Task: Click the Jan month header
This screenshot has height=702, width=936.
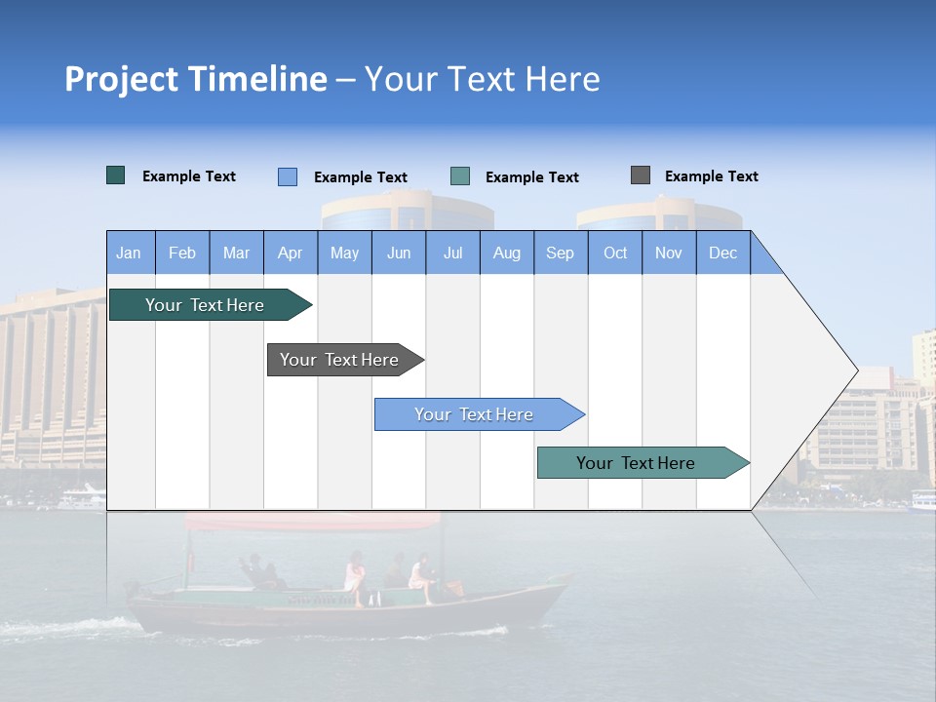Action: point(130,253)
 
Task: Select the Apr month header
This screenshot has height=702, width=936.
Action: point(291,253)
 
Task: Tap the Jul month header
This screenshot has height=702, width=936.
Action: point(452,253)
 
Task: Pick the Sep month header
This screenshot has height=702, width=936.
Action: point(561,253)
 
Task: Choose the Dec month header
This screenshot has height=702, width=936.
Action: point(722,253)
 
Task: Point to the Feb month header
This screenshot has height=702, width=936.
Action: point(182,253)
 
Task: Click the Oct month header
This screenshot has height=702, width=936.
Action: point(615,253)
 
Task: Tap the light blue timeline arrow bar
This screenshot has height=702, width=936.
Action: point(475,414)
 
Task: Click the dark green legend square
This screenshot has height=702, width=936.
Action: point(116,175)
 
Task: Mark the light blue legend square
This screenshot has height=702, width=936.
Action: point(288,176)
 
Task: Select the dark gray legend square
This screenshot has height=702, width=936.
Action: point(641,175)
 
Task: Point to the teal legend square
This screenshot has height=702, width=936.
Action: point(460,176)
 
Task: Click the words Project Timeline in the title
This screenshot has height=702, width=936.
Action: point(196,79)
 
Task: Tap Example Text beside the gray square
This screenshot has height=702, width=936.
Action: point(711,176)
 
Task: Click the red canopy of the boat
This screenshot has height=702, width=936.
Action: point(312,522)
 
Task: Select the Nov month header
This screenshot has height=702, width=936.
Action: point(669,253)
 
